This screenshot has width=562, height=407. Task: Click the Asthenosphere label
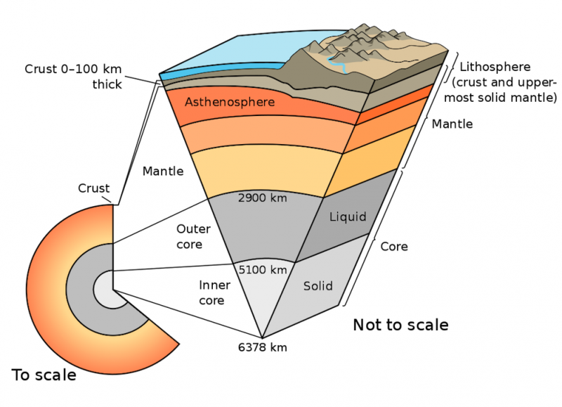click(230, 102)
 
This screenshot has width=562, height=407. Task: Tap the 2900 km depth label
click(262, 198)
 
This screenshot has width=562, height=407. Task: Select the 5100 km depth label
click(263, 270)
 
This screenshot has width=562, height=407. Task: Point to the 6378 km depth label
click(262, 347)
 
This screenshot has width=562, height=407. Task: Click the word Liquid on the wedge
click(348, 217)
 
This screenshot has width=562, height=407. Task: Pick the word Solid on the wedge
click(318, 286)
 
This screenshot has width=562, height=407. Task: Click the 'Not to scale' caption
click(400, 325)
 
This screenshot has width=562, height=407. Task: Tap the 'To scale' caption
click(44, 375)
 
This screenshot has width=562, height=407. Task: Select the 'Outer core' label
click(193, 237)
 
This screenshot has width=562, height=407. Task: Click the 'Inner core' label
click(214, 292)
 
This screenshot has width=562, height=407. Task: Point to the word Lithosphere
click(495, 67)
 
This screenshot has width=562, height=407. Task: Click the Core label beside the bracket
click(394, 247)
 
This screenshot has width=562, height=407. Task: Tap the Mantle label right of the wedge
click(452, 124)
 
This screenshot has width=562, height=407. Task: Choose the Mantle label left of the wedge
click(163, 172)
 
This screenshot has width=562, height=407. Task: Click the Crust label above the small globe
click(93, 188)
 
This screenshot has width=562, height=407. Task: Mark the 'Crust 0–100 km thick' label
click(73, 77)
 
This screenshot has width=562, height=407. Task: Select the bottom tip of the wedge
click(262, 338)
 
